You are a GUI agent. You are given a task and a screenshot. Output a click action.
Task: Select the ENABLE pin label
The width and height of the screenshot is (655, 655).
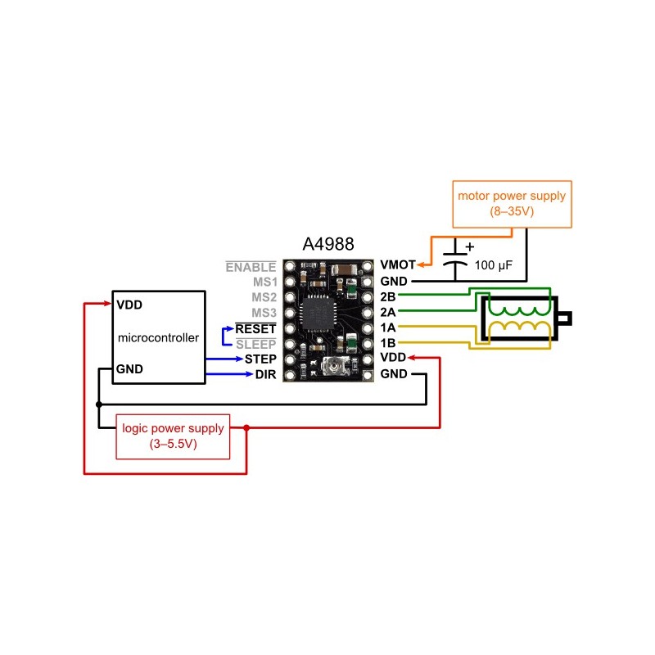point(251,266)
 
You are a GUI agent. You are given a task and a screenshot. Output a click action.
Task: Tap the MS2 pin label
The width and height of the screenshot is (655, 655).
point(264,297)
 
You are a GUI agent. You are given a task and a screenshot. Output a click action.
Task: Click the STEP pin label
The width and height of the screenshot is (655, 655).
point(260,359)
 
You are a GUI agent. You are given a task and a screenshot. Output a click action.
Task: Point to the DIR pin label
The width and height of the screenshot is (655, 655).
point(264,375)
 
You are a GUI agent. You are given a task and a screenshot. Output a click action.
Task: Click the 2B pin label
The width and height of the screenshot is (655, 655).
point(388,296)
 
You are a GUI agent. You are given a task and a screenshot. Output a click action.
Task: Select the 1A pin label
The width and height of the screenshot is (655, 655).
point(388,327)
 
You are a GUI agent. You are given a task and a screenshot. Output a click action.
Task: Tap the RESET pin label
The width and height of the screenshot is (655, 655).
point(255,328)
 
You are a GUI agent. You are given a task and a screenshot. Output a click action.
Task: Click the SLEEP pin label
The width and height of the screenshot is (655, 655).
point(255,344)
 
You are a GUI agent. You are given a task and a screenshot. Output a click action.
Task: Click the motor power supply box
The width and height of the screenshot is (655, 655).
point(512,204)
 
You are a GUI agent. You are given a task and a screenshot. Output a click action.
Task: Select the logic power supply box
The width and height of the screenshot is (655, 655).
point(172,436)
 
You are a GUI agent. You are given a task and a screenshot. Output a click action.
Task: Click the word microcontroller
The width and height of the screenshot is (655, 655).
point(158,337)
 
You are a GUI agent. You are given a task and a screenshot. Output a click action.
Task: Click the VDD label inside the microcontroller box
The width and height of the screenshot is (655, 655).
point(129,304)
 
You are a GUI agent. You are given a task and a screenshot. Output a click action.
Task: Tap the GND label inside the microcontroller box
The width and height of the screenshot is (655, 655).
point(129,368)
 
